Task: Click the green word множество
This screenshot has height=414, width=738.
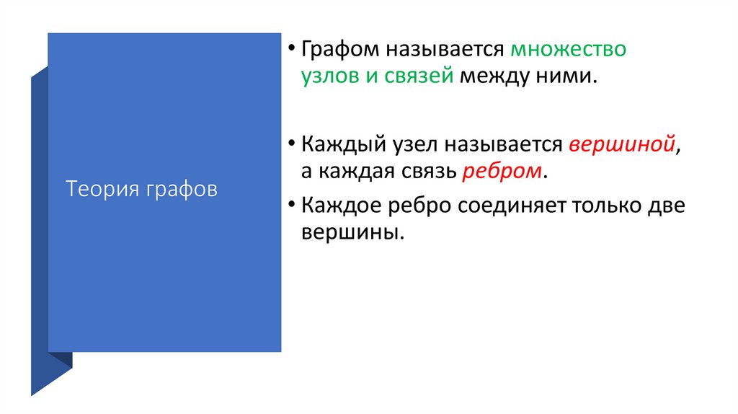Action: pos(568,50)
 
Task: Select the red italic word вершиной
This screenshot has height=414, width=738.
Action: pos(622,144)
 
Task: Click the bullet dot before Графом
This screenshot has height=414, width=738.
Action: pos(292,50)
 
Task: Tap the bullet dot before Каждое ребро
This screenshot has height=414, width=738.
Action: pos(292,206)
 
